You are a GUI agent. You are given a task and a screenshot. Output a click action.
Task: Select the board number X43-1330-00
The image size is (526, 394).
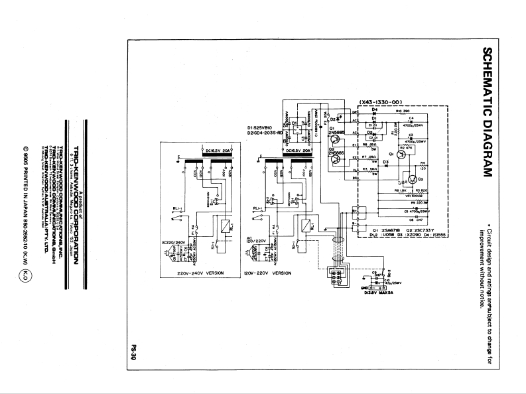tap(381, 101)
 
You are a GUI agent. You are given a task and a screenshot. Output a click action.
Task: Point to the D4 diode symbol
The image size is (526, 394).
tap(374, 111)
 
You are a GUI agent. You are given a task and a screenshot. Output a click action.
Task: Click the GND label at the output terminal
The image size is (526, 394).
tap(362, 287)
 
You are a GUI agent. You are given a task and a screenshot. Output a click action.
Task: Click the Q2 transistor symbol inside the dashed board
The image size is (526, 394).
tap(411, 179)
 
